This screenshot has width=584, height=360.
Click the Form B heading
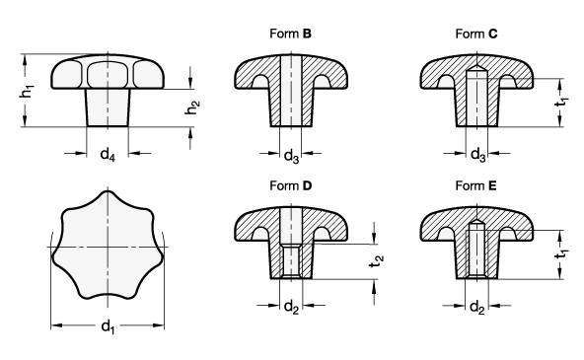[x=290, y=34]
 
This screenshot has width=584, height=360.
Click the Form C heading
[x=476, y=34]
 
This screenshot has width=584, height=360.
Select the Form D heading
[x=290, y=185]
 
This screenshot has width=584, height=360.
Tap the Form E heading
[x=476, y=185]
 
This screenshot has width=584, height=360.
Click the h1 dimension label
[x=27, y=92]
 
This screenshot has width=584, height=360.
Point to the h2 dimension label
[x=192, y=108]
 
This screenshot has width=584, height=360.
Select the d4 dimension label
[x=108, y=154]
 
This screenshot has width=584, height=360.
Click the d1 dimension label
[x=108, y=327]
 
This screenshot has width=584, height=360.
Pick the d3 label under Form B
[x=291, y=156]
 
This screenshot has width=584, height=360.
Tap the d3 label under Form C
[x=478, y=155]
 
